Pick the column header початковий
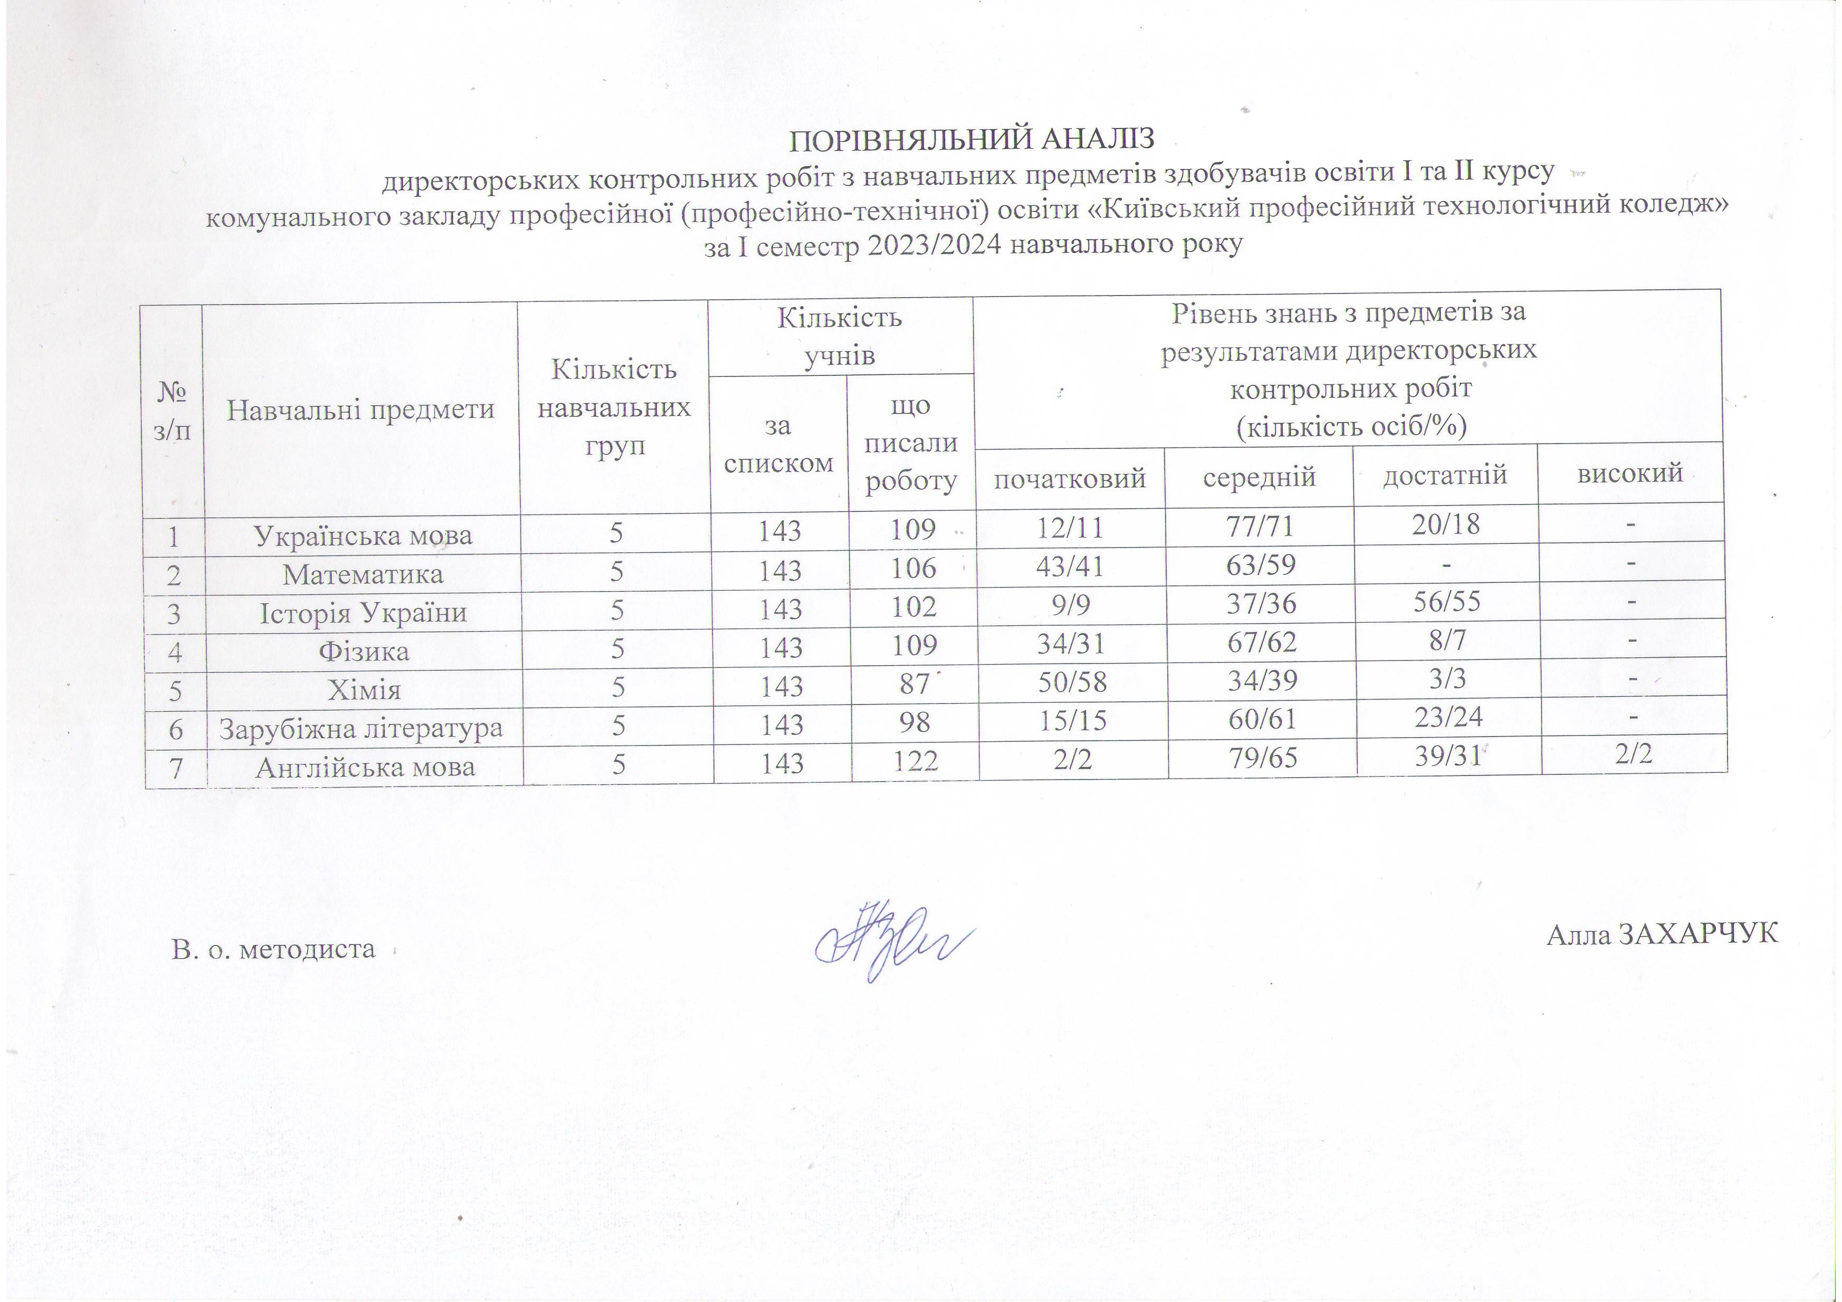pyautogui.click(x=1070, y=479)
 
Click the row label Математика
pyautogui.click(x=363, y=574)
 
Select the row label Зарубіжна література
pyautogui.click(x=361, y=728)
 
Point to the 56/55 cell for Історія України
pyautogui.click(x=1447, y=602)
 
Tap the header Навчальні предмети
pyautogui.click(x=360, y=410)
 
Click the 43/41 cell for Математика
pyautogui.click(x=1071, y=567)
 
